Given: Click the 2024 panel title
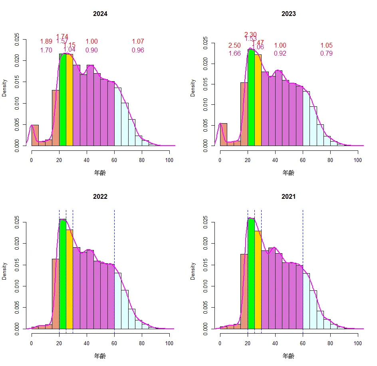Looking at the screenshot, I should point(100,14).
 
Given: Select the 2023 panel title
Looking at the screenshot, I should point(288,14).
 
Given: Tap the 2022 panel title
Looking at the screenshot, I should point(100,197).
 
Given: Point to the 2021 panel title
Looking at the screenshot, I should point(288,197).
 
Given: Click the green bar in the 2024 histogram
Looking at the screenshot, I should point(63,100).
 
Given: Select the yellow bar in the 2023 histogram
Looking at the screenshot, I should point(258,100).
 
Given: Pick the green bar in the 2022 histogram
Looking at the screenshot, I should point(63,276).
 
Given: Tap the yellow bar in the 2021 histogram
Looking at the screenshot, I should point(258,280).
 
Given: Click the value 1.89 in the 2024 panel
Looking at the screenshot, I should point(46,42).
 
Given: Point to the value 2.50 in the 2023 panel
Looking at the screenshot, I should point(234,46).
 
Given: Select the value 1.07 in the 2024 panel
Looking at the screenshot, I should point(138,42).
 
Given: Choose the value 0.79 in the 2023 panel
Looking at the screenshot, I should point(326,54).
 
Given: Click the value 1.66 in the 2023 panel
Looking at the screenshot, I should point(234,54).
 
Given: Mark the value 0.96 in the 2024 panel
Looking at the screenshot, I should point(138,50).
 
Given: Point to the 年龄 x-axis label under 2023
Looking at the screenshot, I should point(288,172).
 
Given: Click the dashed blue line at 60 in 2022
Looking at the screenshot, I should point(114,240).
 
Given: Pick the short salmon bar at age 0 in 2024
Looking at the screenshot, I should point(35,136).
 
